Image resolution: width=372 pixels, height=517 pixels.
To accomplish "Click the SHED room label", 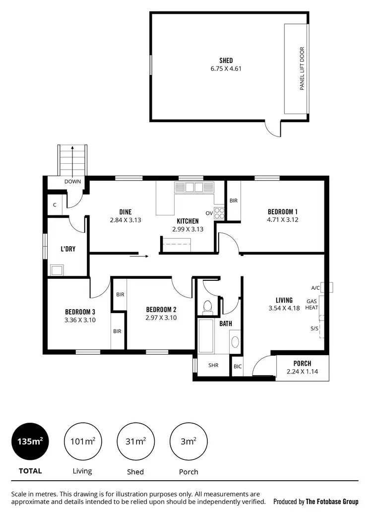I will click(226, 61).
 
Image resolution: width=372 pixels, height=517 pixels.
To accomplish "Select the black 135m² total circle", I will click(30, 441).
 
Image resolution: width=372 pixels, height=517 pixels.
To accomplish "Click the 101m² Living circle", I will click(82, 441).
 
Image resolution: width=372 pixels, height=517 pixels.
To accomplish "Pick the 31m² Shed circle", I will click(135, 441).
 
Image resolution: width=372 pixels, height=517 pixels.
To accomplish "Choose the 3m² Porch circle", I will click(188, 441).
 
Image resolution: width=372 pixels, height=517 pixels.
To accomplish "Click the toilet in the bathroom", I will click(208, 307).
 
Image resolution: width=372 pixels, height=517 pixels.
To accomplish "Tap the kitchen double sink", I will click(189, 187).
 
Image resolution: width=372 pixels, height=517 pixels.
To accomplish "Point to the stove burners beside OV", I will click(220, 213).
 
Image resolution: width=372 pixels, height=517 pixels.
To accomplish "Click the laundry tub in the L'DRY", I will click(56, 270).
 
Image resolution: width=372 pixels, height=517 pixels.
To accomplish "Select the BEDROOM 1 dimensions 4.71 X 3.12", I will click(283, 219).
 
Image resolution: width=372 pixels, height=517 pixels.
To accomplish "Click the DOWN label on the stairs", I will click(72, 182).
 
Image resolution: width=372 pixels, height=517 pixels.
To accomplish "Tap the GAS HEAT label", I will click(311, 304).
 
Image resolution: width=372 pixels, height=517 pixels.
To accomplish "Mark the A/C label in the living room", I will click(315, 288).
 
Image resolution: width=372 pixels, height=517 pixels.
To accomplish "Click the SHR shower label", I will click(213, 365).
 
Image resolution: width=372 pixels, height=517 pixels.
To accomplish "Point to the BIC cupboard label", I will click(238, 367).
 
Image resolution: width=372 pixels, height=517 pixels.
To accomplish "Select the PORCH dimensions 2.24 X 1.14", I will click(302, 372).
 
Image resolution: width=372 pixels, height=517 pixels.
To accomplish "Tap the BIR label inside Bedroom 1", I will click(234, 201).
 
